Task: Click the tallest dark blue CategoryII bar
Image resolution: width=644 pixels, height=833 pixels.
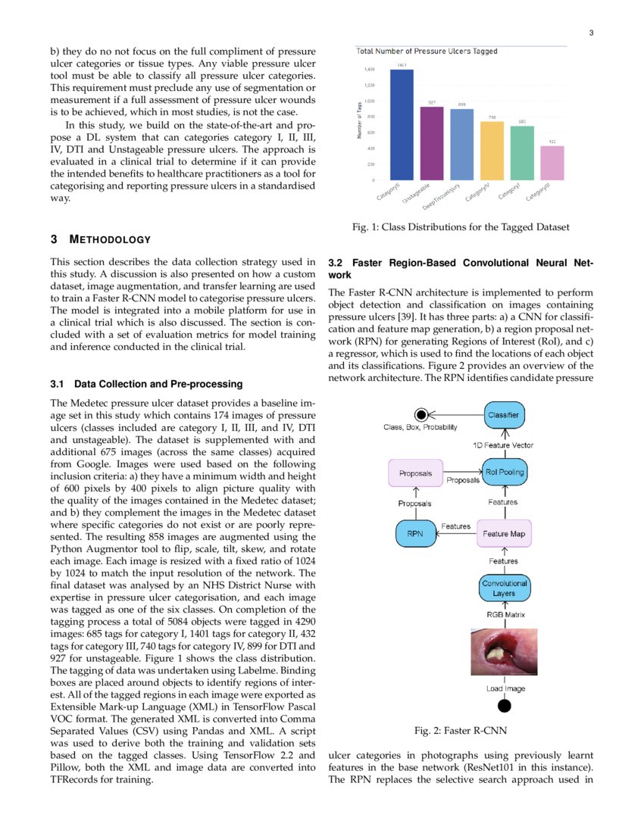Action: click(402, 125)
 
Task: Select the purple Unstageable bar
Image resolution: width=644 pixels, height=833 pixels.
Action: click(432, 143)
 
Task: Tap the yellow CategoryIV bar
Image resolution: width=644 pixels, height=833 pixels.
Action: click(492, 150)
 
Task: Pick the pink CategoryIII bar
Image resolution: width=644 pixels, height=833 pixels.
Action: click(552, 163)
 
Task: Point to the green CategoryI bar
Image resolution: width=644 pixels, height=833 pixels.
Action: click(522, 153)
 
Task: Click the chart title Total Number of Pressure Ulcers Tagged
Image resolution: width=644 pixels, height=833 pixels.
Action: click(427, 51)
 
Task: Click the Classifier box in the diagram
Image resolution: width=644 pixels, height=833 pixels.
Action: click(503, 414)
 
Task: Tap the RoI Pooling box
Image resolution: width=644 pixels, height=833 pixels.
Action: click(503, 473)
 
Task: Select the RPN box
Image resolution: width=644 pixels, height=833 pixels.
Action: click(414, 533)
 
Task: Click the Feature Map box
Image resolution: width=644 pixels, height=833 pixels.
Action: click(503, 533)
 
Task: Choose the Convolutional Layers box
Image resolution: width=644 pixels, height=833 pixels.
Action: click(503, 588)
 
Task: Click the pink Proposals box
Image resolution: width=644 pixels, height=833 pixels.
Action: click(414, 473)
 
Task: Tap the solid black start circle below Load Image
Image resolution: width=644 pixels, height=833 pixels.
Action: click(503, 706)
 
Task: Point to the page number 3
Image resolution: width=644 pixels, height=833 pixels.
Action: click(590, 33)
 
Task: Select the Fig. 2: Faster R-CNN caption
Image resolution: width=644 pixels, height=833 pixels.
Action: click(461, 731)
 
